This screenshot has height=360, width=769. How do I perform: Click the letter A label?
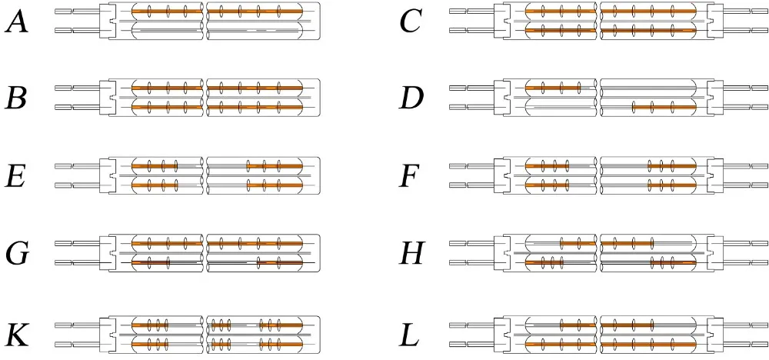17,22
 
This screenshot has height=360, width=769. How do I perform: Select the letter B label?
17,98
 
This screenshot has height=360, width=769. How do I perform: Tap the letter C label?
411,22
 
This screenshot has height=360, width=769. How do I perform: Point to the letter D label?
412,98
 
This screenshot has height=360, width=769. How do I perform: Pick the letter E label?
17,175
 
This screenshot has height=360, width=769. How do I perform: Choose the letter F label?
411,175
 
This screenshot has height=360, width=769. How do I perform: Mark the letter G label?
17,253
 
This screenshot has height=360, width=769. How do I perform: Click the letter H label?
412,253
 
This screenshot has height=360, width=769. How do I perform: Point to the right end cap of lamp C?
714,22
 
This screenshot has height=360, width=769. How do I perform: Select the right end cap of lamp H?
714,253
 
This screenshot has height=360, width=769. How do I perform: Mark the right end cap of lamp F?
714,175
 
